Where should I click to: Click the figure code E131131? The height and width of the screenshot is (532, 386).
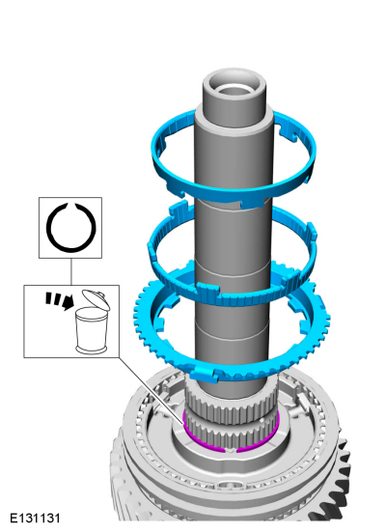click(x=35, y=518)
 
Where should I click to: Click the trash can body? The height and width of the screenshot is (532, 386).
click(x=90, y=330)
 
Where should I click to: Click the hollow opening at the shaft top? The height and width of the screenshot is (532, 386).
click(x=234, y=89)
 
